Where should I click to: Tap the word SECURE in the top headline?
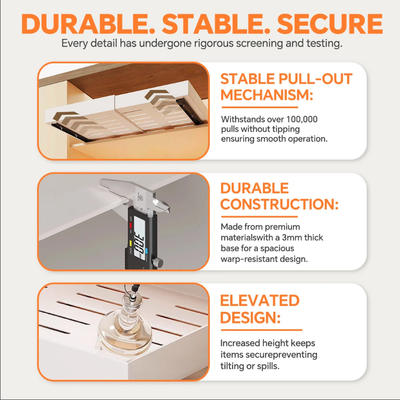point(330,24)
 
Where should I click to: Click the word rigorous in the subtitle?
point(214,44)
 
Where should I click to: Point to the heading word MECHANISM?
point(267,95)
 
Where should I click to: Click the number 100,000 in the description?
point(302,119)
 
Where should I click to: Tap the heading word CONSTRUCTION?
point(279,204)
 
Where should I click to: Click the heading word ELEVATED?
point(260,300)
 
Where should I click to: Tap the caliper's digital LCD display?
point(139,239)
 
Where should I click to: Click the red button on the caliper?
point(130,225)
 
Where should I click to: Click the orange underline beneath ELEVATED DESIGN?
point(262,330)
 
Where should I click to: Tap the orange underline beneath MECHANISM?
point(260,107)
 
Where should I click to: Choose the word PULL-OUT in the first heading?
point(315,79)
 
